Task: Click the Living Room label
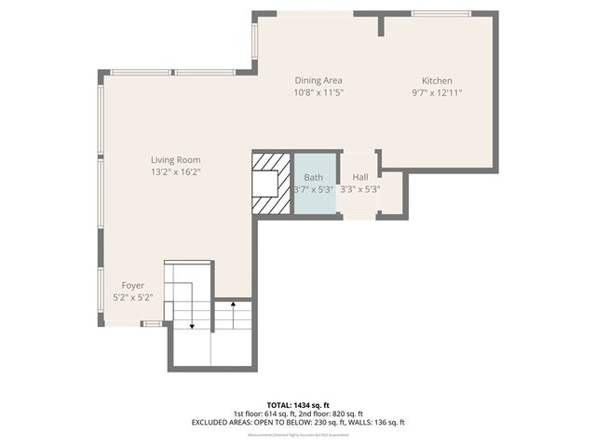176,159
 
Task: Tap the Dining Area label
319,80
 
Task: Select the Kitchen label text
437,80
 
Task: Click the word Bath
313,176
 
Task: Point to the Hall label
359,176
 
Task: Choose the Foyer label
132,285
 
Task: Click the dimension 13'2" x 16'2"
176,172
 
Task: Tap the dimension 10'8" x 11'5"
319,93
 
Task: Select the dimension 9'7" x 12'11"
437,93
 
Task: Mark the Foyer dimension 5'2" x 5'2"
132,298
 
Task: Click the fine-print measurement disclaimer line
298,435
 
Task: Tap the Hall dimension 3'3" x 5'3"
359,189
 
